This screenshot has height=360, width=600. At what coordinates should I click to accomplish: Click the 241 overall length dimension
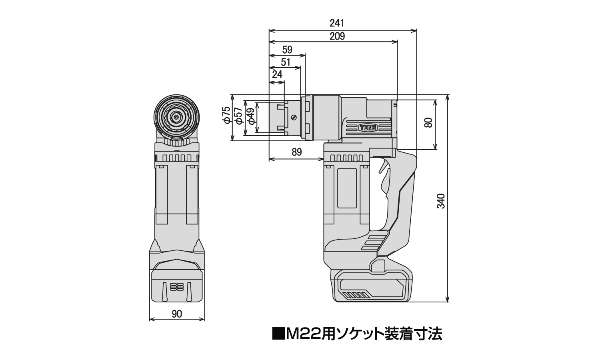point(337,23)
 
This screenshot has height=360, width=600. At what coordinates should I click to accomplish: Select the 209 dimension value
point(337,36)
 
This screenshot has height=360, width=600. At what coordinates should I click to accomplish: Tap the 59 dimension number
point(287,50)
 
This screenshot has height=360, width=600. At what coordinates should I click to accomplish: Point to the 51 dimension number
point(286,62)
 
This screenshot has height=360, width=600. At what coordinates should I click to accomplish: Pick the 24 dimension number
point(277,74)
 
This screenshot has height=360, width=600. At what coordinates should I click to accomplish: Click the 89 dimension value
point(296,152)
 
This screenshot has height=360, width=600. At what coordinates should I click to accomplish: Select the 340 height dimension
point(440,201)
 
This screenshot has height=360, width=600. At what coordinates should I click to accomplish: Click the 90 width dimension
point(176,314)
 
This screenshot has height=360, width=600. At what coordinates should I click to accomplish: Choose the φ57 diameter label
point(238,116)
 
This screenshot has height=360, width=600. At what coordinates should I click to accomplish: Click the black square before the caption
point(277,333)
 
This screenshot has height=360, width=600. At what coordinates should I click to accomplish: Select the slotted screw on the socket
point(294,118)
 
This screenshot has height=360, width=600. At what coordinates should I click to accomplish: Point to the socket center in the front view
point(176,117)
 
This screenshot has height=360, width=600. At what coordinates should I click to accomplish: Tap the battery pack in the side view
point(372,285)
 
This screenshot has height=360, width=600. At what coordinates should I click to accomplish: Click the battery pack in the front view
point(176,280)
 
